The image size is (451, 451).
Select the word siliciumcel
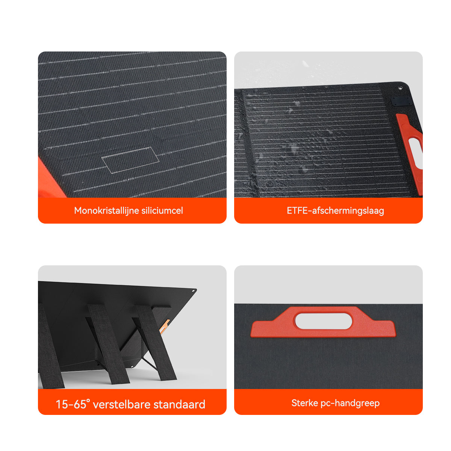pyautogui.click(x=162, y=210)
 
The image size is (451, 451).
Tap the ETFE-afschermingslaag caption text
pyautogui.click(x=335, y=210)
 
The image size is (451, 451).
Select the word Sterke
pyautogui.click(x=304, y=403)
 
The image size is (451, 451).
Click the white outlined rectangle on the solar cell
pyautogui.click(x=130, y=160)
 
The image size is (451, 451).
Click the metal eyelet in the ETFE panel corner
pyautogui.click(x=400, y=88)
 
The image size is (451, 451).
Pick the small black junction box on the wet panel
pyautogui.click(x=397, y=101)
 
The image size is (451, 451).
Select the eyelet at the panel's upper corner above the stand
pyautogui.click(x=194, y=291)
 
